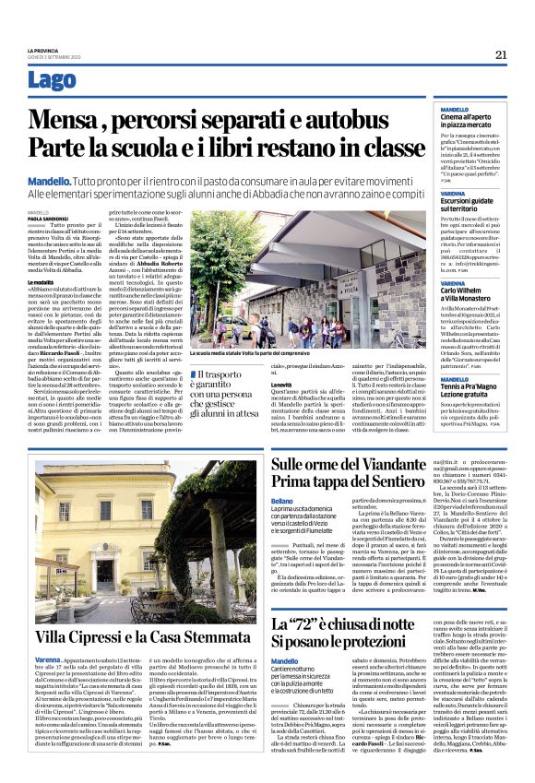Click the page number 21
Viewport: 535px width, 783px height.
click(x=502, y=54)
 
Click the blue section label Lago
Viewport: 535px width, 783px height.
click(x=53, y=80)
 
